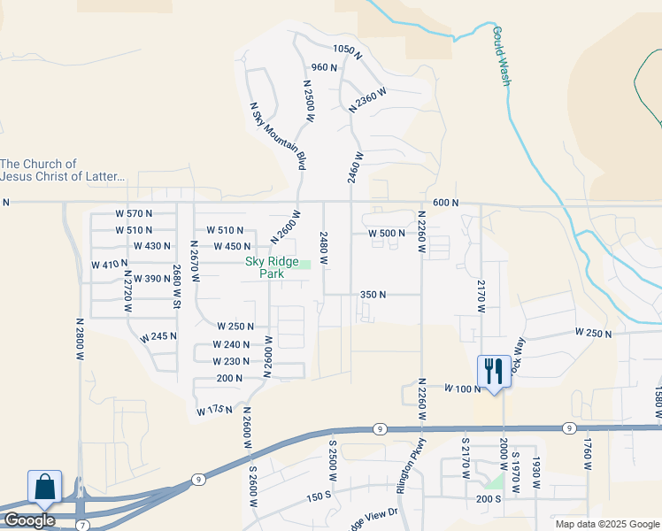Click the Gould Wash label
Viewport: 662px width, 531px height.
(501, 56)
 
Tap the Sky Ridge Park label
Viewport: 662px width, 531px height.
(271, 268)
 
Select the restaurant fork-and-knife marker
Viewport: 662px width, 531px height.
(493, 371)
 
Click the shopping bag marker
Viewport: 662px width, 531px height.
(44, 488)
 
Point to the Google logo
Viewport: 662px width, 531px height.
(29, 520)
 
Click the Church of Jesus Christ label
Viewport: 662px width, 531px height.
(63, 170)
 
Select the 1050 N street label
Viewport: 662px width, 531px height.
(348, 49)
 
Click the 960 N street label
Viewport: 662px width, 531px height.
(324, 67)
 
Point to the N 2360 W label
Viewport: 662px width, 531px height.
(367, 99)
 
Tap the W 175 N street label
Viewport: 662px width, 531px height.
(213, 410)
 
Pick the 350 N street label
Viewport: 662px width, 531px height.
(373, 294)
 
